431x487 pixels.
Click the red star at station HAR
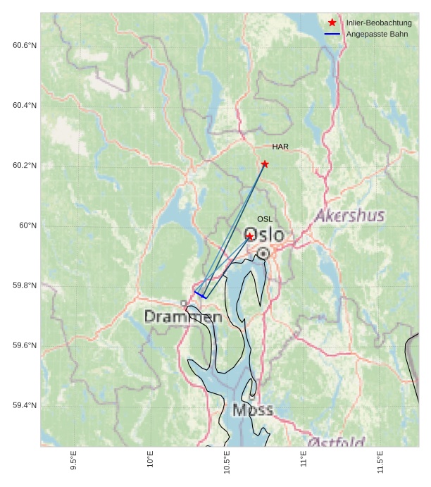[265, 164]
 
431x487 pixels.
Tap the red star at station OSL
[250, 236]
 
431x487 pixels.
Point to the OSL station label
[265, 219]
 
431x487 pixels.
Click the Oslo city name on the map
[265, 235]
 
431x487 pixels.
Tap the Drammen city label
[183, 317]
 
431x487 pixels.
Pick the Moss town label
[252, 409]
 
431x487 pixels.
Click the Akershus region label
[350, 216]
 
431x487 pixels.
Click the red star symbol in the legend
[332, 23]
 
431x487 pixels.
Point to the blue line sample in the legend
[332, 34]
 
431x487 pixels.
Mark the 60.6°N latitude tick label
[25, 46]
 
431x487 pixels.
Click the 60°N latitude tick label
[28, 226]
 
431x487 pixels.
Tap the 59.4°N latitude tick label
[25, 405]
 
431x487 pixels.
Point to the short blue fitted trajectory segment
[200, 295]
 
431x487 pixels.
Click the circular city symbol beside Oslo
[263, 252]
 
